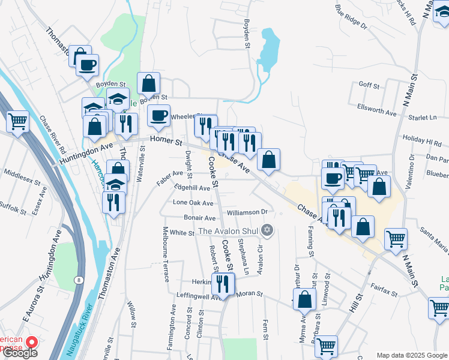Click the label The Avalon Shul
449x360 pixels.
[x=230, y=232]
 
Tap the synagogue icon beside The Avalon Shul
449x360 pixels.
[x=268, y=230]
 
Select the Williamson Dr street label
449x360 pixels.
[x=247, y=212]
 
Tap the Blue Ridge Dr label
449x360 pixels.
[x=351, y=17]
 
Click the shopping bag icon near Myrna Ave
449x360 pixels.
[x=304, y=298]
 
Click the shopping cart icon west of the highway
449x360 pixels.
[x=18, y=121]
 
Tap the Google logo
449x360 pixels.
[x=19, y=353]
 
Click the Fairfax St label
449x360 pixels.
[x=384, y=290]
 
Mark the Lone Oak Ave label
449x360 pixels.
[x=193, y=203]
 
